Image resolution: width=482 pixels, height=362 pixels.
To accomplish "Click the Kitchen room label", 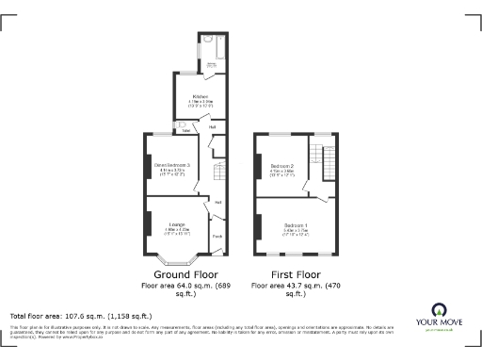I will pos(201,96).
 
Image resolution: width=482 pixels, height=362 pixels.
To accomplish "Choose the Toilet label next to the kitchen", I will pos(185,130).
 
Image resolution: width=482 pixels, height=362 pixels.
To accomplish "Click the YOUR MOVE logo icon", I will pos(438,310).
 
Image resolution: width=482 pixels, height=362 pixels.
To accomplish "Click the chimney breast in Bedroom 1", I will pos(257,225).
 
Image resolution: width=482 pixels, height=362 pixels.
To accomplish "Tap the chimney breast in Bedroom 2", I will pos(257,166).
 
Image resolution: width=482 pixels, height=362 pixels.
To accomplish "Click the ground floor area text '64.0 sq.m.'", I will pos(185,285).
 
